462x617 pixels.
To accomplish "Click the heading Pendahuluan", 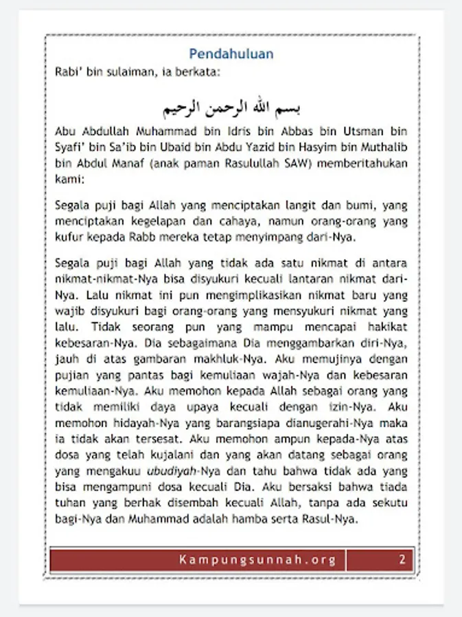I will [231, 54].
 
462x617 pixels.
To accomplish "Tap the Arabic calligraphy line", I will [231, 108].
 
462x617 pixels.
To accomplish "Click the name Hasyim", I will [323, 147].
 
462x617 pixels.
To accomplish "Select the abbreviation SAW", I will [284, 164].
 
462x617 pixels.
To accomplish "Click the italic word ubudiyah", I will [172, 472].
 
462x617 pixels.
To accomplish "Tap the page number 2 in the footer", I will [402, 559].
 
